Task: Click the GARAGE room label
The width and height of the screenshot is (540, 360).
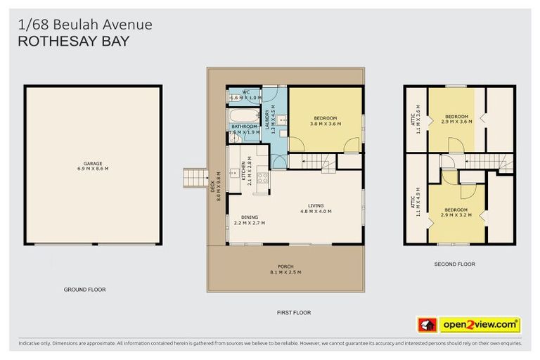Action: pos(93,163)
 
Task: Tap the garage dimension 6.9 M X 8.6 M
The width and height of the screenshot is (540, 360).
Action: pos(93,169)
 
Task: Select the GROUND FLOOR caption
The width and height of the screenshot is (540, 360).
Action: pos(84,289)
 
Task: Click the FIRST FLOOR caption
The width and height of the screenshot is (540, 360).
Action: pos(293,312)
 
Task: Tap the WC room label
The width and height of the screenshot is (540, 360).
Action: pos(246,93)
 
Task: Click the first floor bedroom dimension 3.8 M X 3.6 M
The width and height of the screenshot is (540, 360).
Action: pos(326,124)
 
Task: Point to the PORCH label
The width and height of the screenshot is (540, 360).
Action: pos(285,267)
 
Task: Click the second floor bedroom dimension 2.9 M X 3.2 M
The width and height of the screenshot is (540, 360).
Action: pos(455,214)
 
